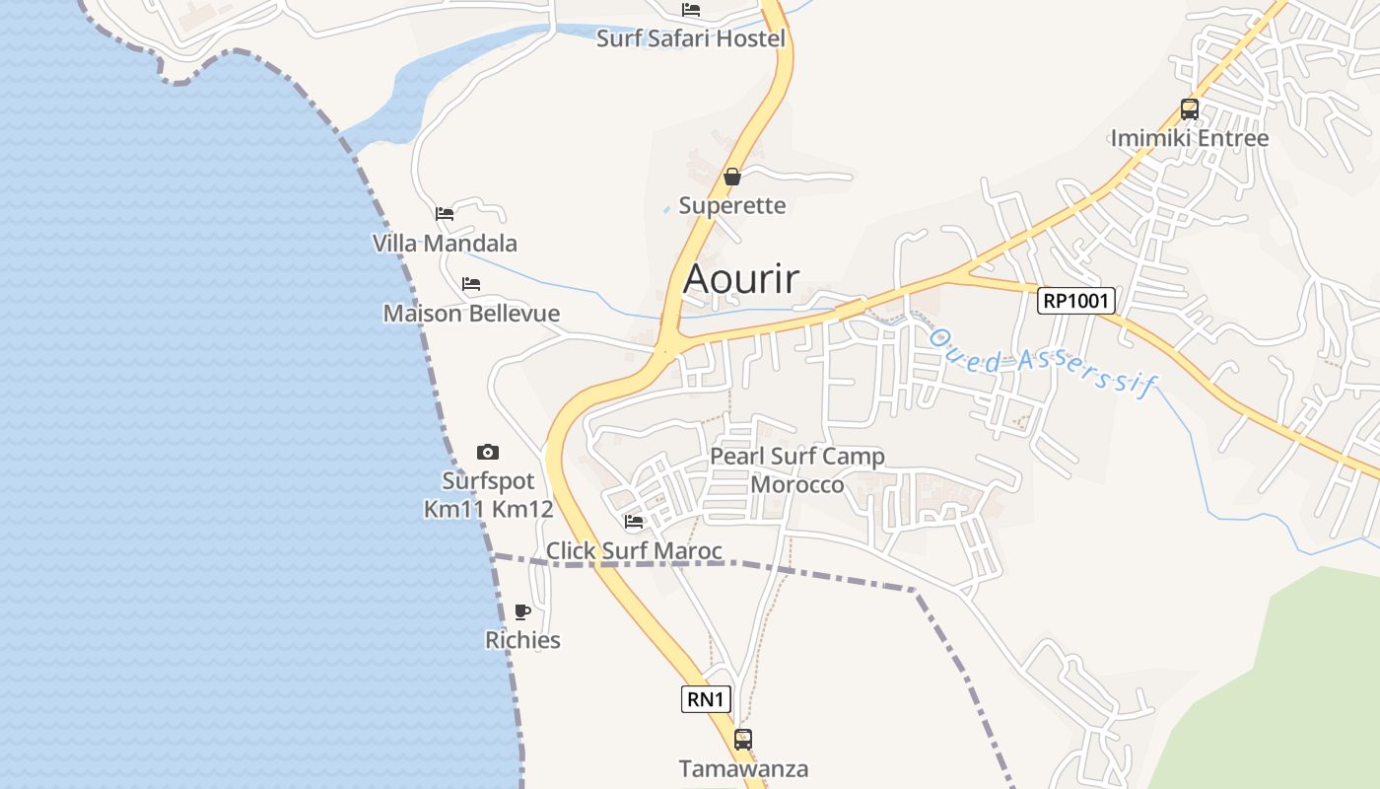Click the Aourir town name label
741,278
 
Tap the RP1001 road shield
1075,301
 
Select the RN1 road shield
707,699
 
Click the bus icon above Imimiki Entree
1190,109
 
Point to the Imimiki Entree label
1190,138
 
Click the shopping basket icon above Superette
731,178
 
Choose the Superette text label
732,206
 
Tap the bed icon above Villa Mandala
445,213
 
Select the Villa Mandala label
445,244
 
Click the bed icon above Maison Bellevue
471,284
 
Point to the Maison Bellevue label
471,314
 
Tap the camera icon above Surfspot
488,453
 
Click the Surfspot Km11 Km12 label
488,495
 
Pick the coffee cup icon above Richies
522,611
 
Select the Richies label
522,640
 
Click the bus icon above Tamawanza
743,739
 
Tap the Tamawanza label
743,768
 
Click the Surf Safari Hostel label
691,38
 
